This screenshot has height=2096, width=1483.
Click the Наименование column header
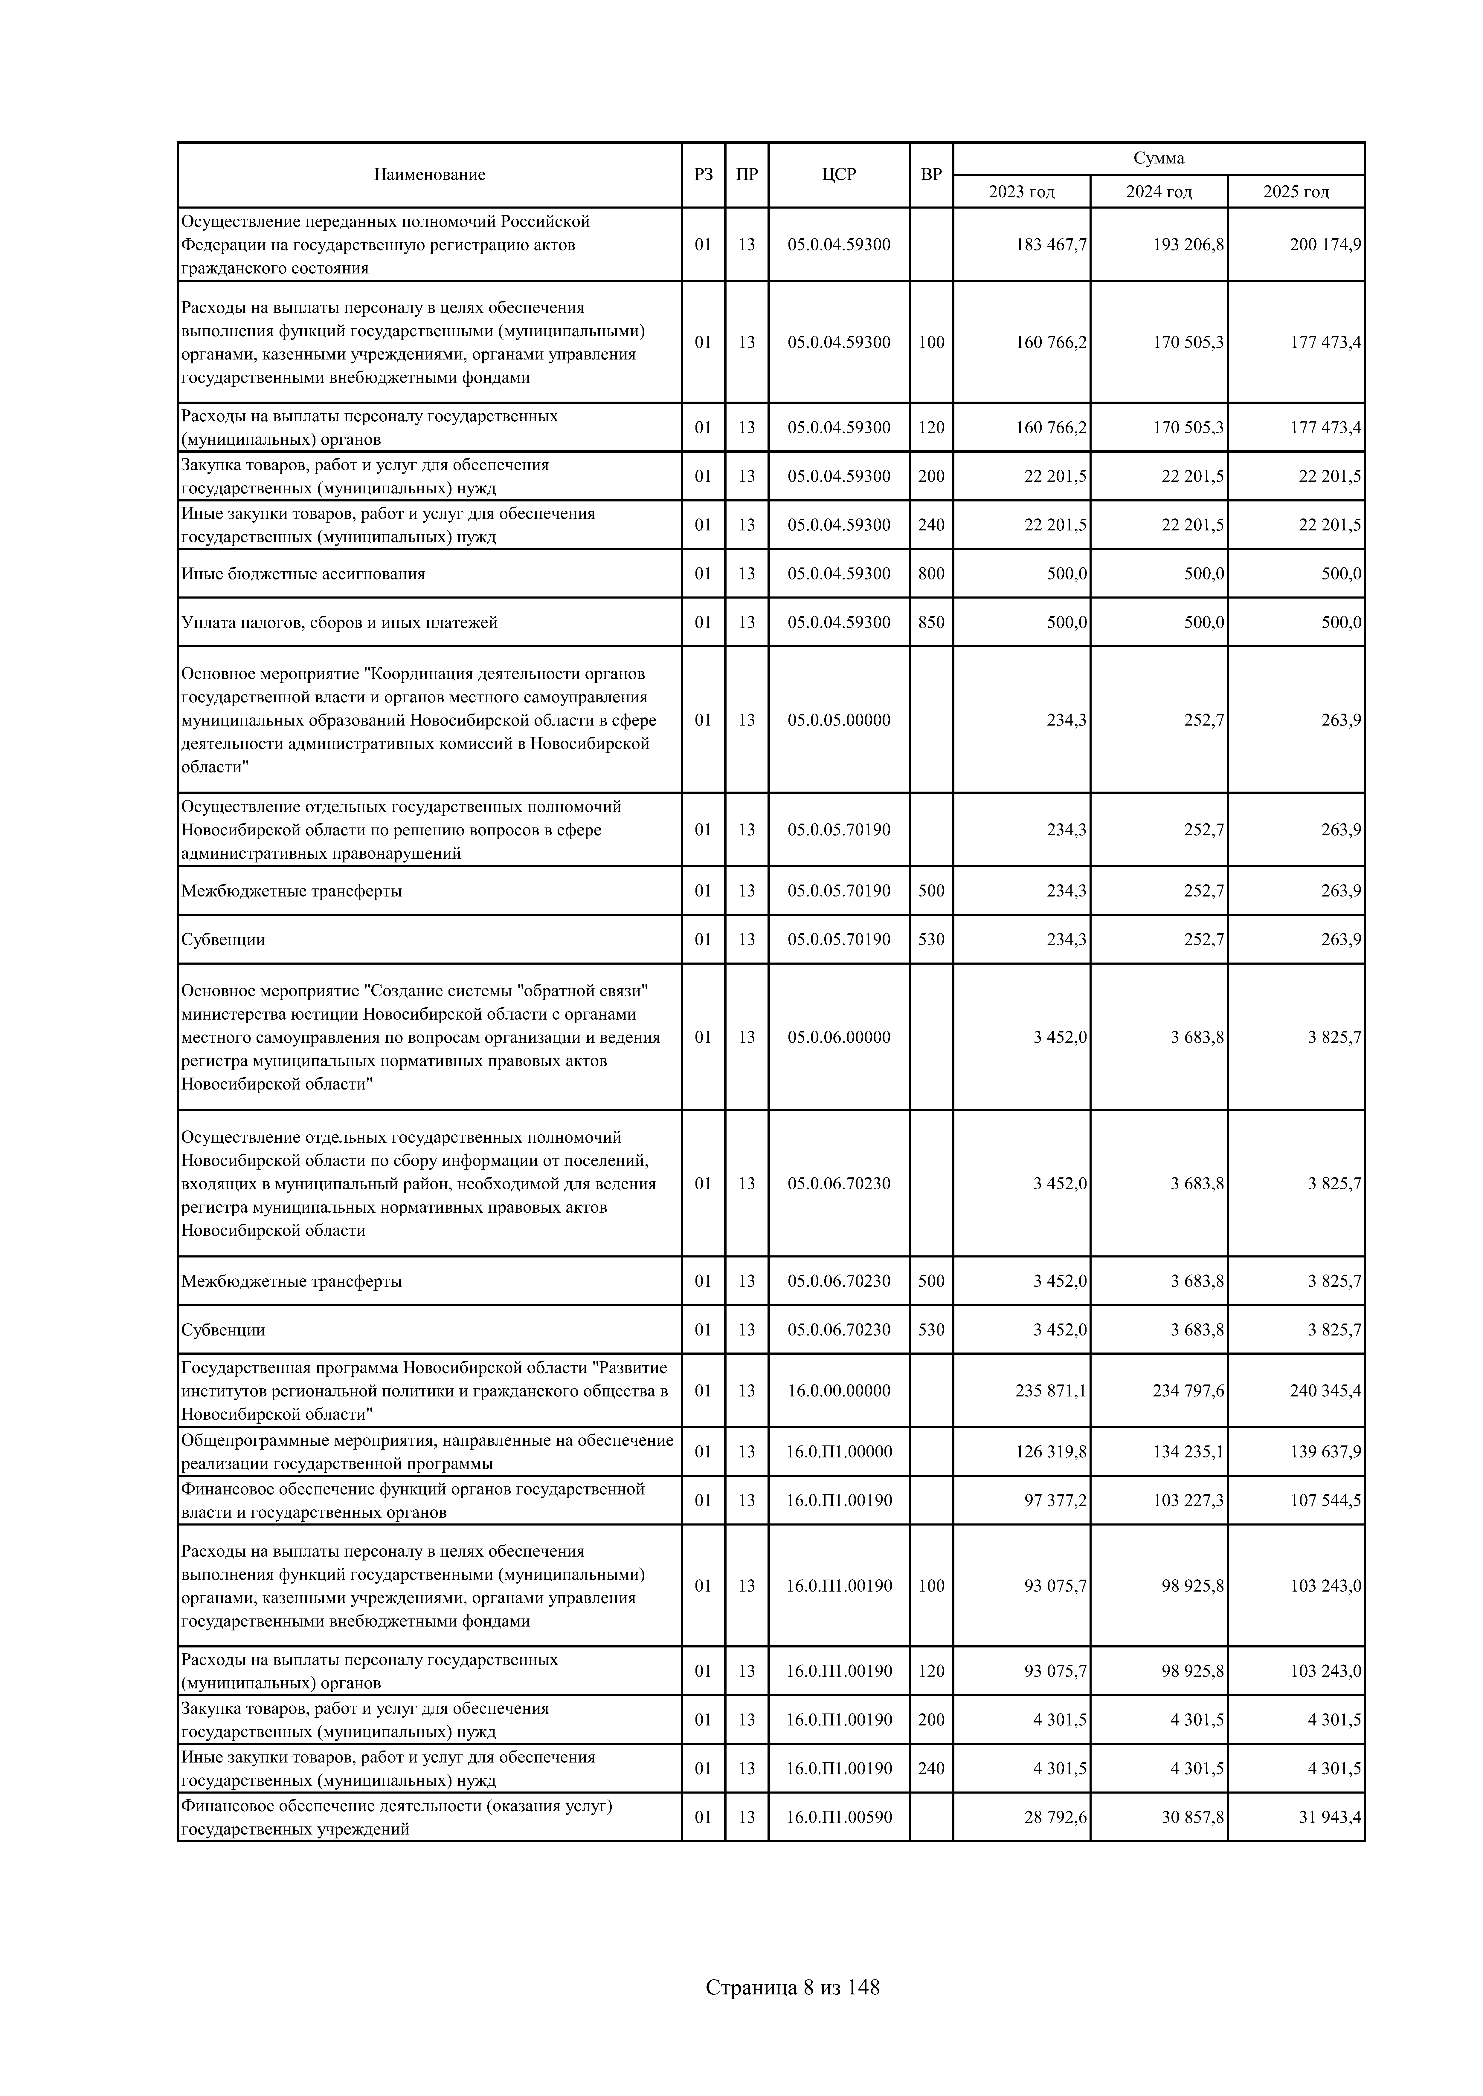(x=429, y=174)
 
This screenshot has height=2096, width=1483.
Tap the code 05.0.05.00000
(x=838, y=719)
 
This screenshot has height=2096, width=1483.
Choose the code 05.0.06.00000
(x=838, y=1037)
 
